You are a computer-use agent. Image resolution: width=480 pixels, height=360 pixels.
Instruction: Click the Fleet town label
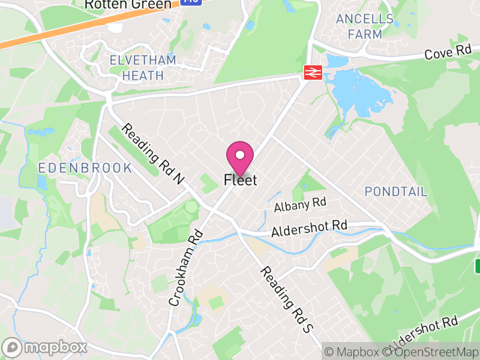coord(240,180)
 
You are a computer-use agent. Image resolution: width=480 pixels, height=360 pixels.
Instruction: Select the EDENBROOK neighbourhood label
coord(85,168)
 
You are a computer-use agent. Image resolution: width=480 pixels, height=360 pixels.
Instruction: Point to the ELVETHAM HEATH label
coord(143,68)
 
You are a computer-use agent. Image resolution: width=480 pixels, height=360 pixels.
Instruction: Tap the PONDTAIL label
coord(396,192)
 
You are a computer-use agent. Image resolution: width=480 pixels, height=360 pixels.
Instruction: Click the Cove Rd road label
coord(448,53)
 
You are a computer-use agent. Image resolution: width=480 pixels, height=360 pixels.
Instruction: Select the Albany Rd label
coord(299,205)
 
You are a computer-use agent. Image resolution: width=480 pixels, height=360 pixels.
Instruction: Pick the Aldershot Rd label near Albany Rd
coord(309,229)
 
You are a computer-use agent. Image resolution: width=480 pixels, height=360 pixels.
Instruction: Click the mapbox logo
coord(45,347)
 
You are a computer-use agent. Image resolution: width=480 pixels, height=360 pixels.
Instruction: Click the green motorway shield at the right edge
coord(478,265)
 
